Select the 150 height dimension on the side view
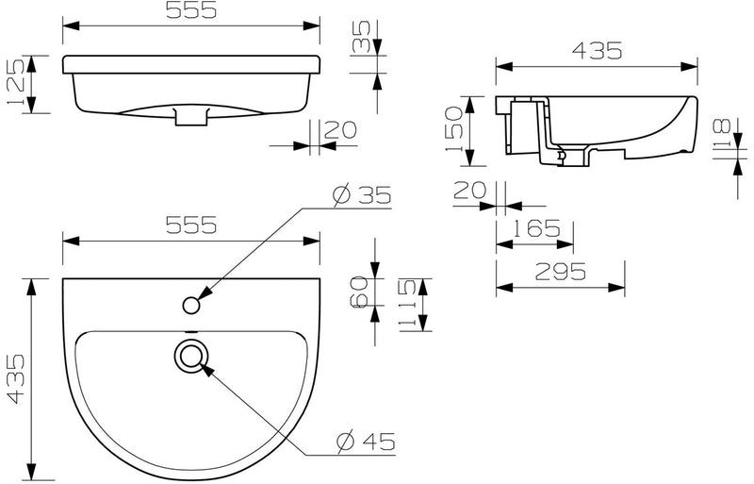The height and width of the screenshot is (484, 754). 453,130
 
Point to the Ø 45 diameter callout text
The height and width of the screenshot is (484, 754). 365,440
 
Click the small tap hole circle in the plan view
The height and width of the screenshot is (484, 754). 191,304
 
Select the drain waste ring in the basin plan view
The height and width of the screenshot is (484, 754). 191,355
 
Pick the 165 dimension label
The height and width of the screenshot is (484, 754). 538,228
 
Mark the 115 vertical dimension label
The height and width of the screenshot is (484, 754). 406,303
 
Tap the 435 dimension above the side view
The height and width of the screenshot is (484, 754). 597,52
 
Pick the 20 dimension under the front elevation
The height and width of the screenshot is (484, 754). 339,131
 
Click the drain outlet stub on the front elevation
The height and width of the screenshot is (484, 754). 191,118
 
